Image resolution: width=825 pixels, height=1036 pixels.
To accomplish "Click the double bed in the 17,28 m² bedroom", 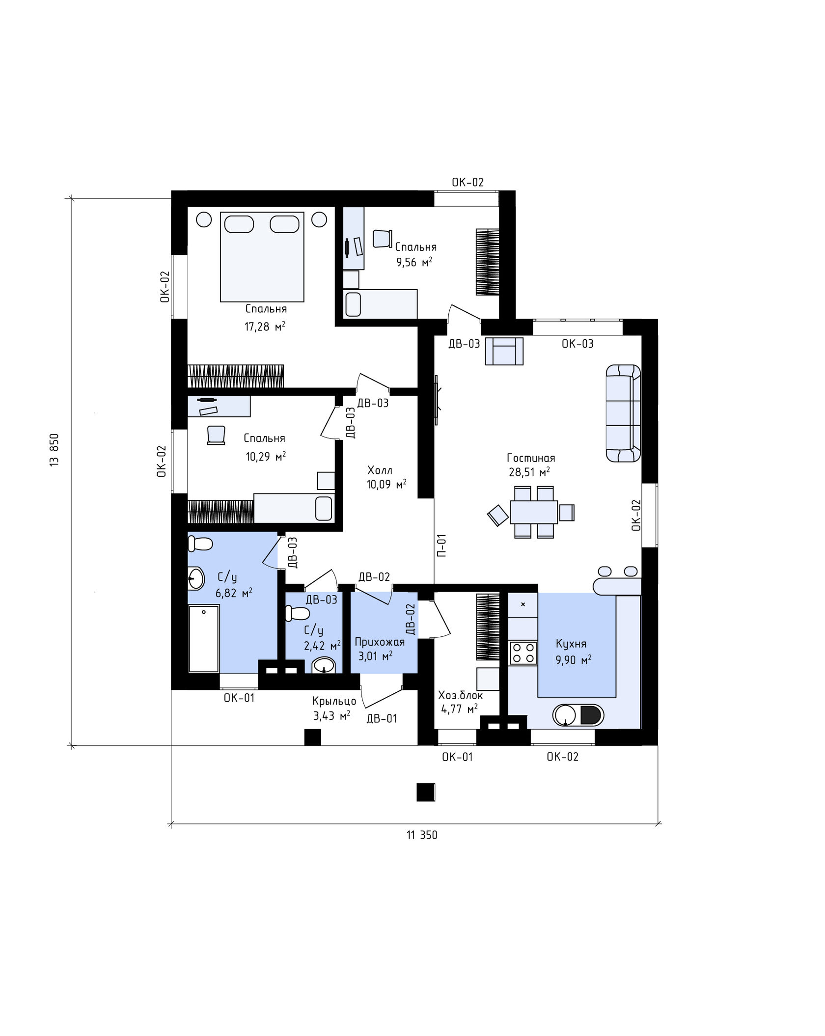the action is coord(262,257).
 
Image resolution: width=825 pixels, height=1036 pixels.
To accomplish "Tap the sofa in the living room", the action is coord(623,413).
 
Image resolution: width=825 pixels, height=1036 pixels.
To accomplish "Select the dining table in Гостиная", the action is coord(534,512).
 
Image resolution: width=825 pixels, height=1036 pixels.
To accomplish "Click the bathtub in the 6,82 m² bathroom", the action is coord(204,638).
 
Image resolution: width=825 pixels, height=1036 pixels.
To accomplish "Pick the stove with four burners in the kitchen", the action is coord(523,653).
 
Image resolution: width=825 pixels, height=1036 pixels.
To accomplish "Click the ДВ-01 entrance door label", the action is coord(382,719).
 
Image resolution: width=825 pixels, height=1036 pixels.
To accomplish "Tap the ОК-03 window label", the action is coord(577,344).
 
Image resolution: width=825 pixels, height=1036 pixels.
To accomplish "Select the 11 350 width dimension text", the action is coord(422,835).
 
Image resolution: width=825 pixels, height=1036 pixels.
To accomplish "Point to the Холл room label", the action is coord(380,470).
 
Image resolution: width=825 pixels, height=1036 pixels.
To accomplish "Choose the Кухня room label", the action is coord(571,644).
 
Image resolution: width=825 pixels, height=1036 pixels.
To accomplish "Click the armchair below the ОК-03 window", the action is coord(504,351).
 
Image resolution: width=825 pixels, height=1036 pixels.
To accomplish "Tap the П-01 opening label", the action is coord(441,545).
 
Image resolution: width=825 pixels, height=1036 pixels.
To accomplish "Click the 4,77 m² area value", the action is coord(460,709).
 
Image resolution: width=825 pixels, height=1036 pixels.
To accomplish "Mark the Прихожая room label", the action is coord(380,642).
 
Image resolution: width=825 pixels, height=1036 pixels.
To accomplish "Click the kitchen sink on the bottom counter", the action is coord(565,715).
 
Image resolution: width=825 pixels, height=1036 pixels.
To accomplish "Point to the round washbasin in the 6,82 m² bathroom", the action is coord(196,578).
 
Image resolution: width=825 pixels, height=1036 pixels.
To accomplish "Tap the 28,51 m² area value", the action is coord(529,472).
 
